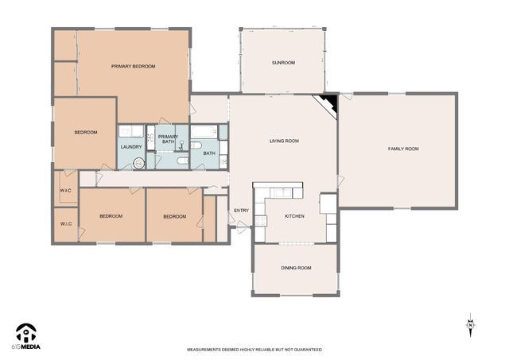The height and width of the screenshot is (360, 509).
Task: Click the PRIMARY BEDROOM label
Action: point(133,66)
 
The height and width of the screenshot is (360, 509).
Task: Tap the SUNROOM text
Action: point(283,62)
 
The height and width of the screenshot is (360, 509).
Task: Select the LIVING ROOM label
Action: point(284,141)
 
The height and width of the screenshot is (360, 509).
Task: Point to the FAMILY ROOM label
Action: point(402,149)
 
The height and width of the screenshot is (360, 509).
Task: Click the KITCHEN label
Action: point(294,215)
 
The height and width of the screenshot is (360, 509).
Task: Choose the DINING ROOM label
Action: point(296,268)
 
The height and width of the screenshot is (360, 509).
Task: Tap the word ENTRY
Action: point(241,211)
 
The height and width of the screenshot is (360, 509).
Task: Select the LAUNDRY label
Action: point(131,147)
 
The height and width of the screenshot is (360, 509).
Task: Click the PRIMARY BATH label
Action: point(168,139)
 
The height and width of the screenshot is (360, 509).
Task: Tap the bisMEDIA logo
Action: point(26,337)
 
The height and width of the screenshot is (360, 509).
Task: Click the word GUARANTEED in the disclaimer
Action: point(305,350)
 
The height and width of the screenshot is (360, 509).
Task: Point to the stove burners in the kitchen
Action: point(327,203)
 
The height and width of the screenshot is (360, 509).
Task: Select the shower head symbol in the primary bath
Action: point(182,145)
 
